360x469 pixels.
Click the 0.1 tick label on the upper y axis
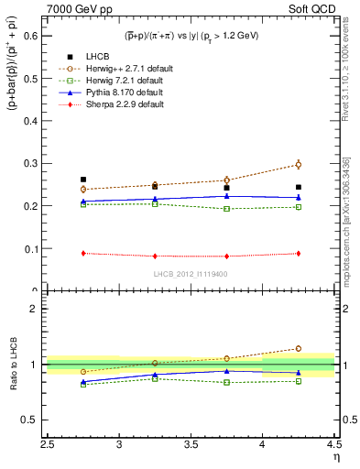(35, 248)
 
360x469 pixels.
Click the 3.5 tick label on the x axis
(191, 444)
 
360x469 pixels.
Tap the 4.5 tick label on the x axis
(333, 444)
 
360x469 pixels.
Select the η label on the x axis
(335, 457)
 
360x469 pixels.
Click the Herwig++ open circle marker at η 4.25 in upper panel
(298, 165)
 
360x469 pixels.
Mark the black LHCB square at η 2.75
(83, 180)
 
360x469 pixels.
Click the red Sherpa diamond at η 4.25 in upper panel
(298, 254)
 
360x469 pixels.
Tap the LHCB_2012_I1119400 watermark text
(191, 273)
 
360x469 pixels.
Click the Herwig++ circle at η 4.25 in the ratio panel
(298, 348)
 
